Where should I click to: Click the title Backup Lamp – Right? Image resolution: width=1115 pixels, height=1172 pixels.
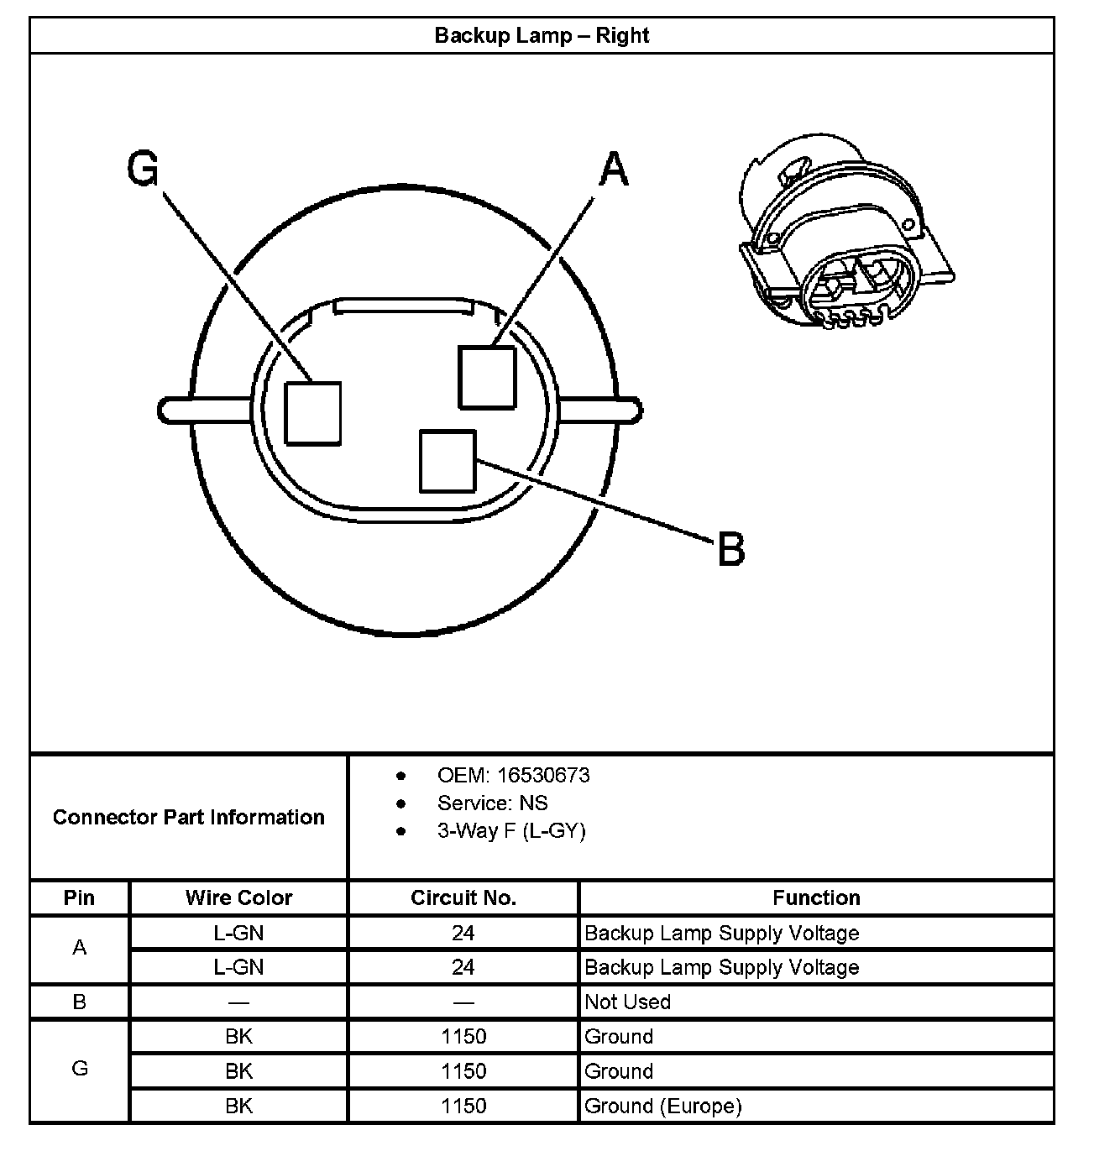point(542,35)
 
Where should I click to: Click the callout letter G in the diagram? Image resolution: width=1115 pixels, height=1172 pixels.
point(143,169)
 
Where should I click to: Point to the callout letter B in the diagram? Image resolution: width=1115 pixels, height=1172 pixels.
point(731,550)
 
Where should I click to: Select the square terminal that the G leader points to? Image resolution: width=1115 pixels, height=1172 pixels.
point(312,413)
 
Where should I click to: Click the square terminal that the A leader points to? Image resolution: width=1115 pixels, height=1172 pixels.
point(487,377)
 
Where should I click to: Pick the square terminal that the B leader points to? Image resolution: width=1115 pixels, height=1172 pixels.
point(448,461)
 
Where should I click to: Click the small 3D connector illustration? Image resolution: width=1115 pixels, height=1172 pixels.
point(844,231)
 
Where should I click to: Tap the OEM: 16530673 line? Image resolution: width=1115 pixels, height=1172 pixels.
point(513,775)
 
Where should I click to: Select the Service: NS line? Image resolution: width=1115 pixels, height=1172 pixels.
point(492,803)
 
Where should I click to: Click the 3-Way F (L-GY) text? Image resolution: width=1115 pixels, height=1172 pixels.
point(511,830)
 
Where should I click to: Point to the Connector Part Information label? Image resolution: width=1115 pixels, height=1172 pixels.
point(189,817)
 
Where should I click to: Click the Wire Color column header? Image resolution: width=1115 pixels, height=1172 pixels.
point(239,897)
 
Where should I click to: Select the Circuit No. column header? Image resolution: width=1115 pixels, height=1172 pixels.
point(463,897)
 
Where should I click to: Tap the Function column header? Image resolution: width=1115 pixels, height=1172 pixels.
point(816,897)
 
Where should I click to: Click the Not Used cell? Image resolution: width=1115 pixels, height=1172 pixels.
point(627,1002)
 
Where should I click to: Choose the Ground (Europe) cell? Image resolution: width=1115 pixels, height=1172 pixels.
point(663,1106)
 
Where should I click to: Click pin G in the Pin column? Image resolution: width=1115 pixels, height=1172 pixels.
point(80,1069)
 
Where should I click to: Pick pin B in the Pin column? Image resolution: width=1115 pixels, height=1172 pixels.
point(80,1002)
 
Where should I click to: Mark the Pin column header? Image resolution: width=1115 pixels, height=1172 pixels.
point(80,897)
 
